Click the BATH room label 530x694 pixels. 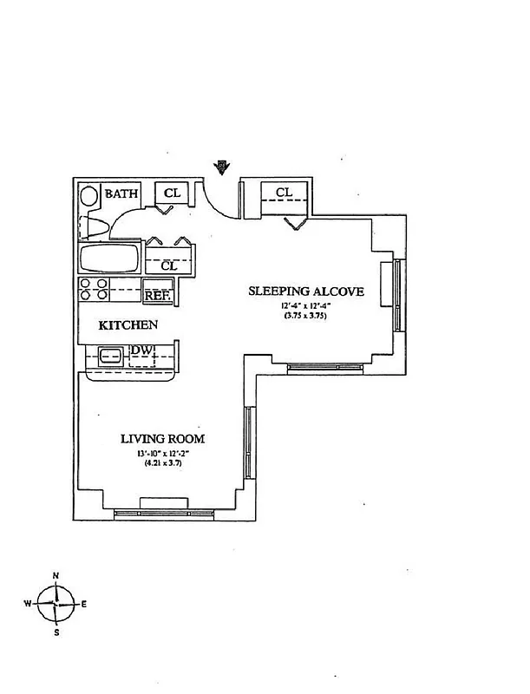click(121, 194)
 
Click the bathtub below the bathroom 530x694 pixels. click(110, 259)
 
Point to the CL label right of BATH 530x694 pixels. click(172, 193)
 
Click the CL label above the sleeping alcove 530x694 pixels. click(284, 192)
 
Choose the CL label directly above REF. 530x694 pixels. click(169, 265)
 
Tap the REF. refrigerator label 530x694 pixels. click(156, 295)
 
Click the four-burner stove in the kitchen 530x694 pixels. click(94, 289)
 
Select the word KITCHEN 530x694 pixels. click(128, 325)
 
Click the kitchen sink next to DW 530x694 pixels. click(109, 355)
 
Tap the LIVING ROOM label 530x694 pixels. click(163, 439)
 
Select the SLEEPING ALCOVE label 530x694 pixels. click(306, 291)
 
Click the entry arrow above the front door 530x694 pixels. click(223, 166)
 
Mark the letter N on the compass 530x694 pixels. click(56, 576)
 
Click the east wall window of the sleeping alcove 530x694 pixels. click(397, 295)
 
